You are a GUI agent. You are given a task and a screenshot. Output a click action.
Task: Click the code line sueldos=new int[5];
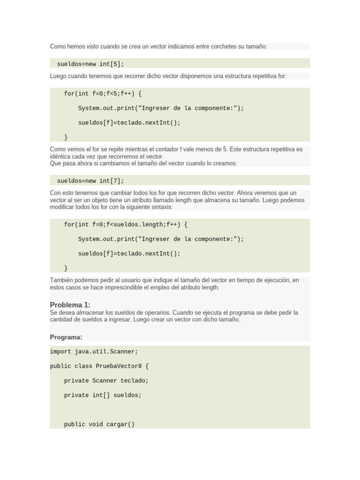[90, 64]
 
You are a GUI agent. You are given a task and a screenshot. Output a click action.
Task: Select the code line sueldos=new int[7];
[90, 180]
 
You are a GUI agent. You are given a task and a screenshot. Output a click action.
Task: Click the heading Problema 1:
[70, 305]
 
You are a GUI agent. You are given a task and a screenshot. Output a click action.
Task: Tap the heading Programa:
[66, 337]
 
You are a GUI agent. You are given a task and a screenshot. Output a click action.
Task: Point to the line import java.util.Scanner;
[94, 352]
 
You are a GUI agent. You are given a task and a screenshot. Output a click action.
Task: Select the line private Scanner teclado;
[106, 381]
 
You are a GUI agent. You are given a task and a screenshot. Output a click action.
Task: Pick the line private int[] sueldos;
[103, 395]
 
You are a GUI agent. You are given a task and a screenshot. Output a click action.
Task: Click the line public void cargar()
[99, 424]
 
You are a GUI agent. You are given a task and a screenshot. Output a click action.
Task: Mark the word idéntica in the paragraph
[61, 156]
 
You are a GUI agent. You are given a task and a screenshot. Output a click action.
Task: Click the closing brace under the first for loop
[66, 137]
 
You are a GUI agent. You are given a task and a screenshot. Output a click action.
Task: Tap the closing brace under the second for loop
[66, 268]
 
